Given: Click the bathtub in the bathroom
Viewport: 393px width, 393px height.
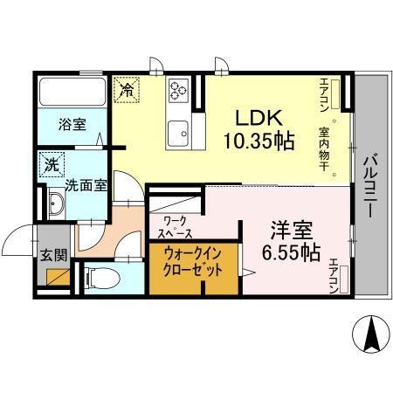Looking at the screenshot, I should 71,91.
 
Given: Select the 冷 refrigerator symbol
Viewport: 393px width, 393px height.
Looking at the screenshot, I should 127,88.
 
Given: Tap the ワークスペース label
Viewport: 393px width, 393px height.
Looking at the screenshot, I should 176,228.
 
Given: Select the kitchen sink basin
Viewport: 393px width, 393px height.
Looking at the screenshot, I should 181,133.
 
